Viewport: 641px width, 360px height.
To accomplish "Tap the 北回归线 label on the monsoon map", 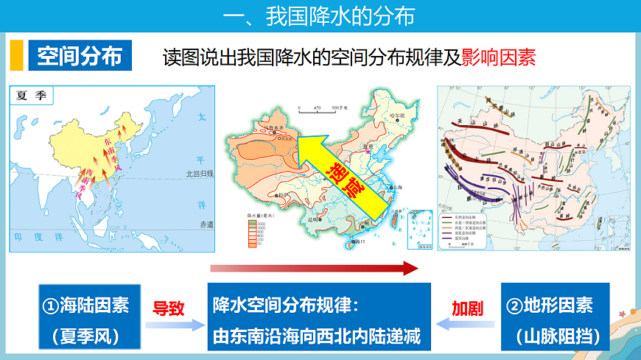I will pyautogui.click(x=199, y=175).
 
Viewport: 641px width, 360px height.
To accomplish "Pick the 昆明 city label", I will pyautogui.click(x=314, y=219).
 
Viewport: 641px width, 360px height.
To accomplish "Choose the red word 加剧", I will pyautogui.click(x=467, y=308).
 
